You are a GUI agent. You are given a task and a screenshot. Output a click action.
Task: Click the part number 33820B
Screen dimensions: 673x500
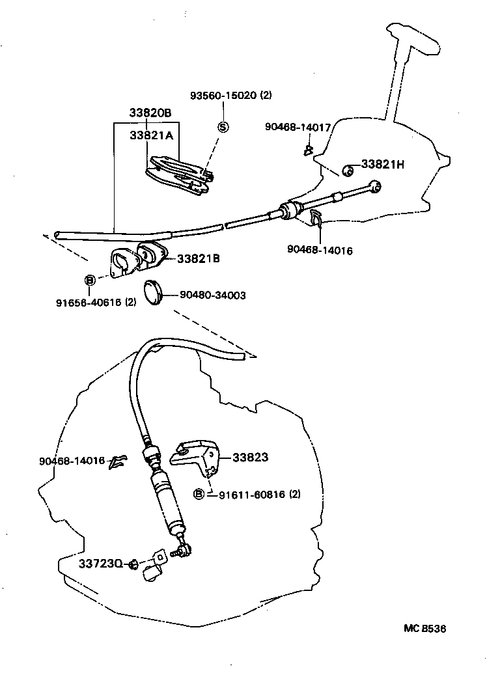[x=150, y=113]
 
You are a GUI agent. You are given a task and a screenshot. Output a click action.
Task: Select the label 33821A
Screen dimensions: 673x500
[x=150, y=135]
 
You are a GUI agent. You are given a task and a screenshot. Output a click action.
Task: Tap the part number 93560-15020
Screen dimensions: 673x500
[x=224, y=95]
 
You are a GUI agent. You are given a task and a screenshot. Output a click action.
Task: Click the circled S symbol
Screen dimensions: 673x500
[x=223, y=126]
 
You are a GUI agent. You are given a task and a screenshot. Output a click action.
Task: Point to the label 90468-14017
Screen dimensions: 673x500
[x=298, y=127]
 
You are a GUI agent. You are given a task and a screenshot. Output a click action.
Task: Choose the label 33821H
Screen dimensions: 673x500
[x=383, y=165]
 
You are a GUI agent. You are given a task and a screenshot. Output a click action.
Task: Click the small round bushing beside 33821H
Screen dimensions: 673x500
[x=348, y=171]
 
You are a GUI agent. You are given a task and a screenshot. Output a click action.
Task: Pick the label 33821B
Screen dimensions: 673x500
[x=198, y=258]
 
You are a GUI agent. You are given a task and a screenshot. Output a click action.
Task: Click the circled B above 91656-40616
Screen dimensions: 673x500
[x=90, y=281]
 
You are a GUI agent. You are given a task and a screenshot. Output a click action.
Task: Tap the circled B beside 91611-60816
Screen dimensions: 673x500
[x=199, y=494]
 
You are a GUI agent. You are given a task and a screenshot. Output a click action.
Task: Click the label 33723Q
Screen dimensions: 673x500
[x=101, y=562]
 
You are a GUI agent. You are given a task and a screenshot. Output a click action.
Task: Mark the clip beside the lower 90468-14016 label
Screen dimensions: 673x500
[x=118, y=461]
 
